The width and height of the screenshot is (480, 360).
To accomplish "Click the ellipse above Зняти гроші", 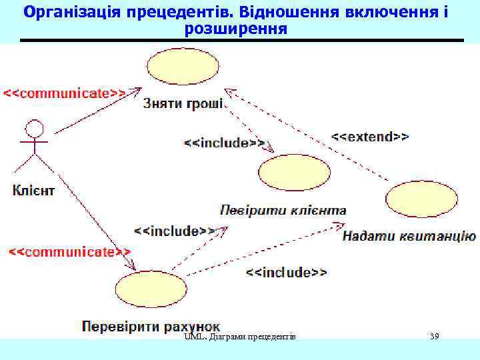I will click(x=182, y=67).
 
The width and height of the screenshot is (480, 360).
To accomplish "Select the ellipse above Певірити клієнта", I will click(x=294, y=172).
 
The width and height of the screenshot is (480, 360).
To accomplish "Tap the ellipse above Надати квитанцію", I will click(x=421, y=199).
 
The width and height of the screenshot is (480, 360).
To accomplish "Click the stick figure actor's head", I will click(x=34, y=128).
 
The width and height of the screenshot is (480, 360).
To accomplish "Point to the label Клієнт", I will click(x=33, y=191).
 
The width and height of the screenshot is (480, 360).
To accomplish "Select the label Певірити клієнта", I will click(x=283, y=211).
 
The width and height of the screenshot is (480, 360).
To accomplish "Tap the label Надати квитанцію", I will click(x=409, y=235).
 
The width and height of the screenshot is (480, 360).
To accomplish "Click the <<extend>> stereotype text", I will click(x=370, y=137).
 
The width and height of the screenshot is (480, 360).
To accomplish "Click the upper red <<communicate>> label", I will click(x=65, y=93).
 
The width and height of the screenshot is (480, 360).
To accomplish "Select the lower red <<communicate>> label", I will click(x=69, y=251).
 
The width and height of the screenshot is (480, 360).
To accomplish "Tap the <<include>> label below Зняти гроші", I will click(x=224, y=143).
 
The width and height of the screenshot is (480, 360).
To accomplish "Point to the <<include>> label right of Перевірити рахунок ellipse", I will click(x=287, y=272).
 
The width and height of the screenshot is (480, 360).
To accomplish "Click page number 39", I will click(x=435, y=336).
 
